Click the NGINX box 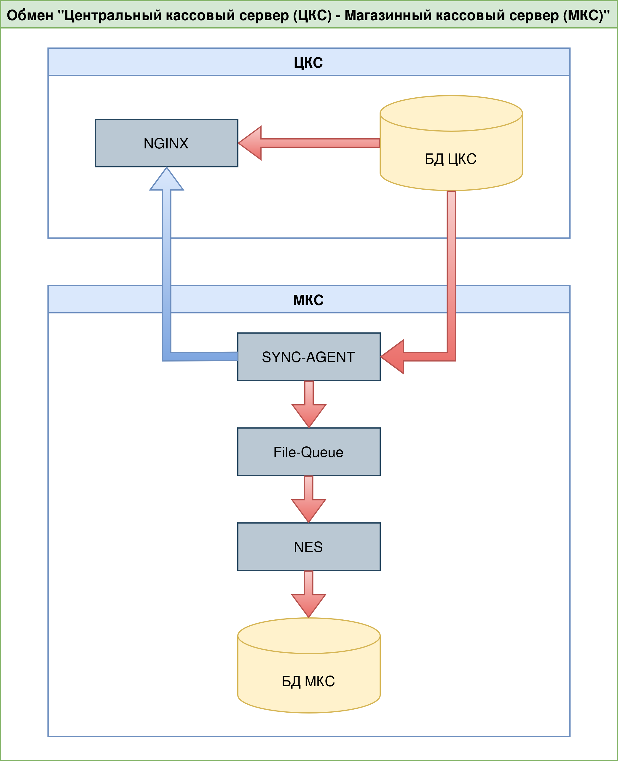coord(166,143)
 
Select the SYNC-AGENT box coord(309,357)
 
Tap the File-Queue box coord(309,452)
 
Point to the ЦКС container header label coord(308,62)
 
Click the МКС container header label coord(308,300)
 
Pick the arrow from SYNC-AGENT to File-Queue coord(309,406)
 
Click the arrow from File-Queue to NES coord(309,501)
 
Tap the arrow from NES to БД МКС coord(309,596)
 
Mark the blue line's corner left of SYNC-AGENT coord(167,357)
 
